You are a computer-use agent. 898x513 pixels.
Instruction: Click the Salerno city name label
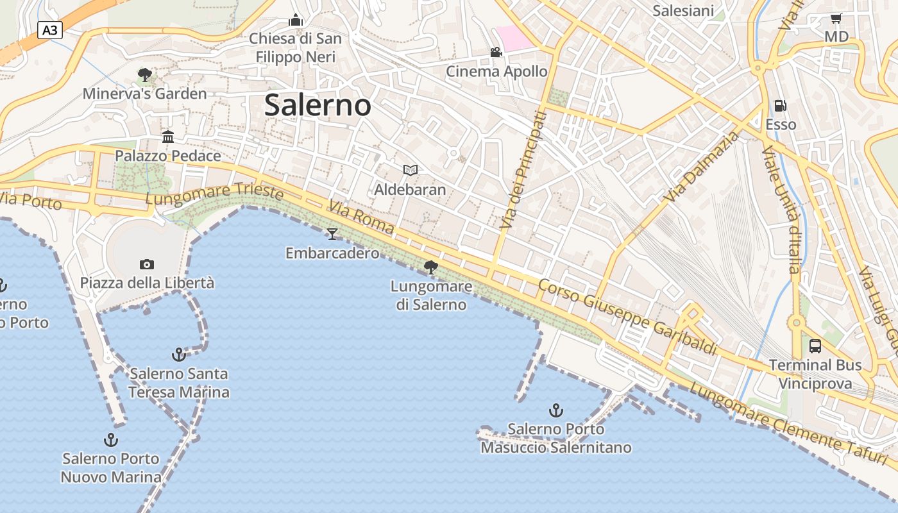click(318, 105)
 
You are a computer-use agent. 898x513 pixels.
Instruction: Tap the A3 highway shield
click(49, 29)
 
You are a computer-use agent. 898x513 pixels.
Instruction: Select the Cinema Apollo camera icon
click(496, 52)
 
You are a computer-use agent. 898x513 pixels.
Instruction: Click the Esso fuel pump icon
click(780, 105)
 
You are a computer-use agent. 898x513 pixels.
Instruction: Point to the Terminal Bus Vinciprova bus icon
click(815, 346)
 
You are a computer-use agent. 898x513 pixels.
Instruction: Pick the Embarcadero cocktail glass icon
click(332, 233)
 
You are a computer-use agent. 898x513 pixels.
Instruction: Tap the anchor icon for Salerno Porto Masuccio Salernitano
click(555, 410)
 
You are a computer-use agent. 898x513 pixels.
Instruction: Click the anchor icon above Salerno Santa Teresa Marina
click(178, 354)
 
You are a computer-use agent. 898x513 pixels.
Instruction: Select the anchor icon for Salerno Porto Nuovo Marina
click(111, 440)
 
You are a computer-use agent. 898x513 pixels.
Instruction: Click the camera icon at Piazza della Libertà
click(146, 264)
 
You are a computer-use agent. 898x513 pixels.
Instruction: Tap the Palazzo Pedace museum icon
click(168, 137)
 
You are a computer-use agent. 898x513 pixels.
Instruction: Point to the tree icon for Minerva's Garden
click(144, 75)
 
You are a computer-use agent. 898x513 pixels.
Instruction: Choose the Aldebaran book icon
click(410, 170)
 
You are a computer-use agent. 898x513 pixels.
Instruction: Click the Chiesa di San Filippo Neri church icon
click(295, 20)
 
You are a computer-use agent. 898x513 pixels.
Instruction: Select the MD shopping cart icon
click(836, 18)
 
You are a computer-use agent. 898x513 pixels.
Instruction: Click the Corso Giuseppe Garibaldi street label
click(627, 317)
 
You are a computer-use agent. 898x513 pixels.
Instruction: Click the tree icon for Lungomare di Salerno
click(431, 267)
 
